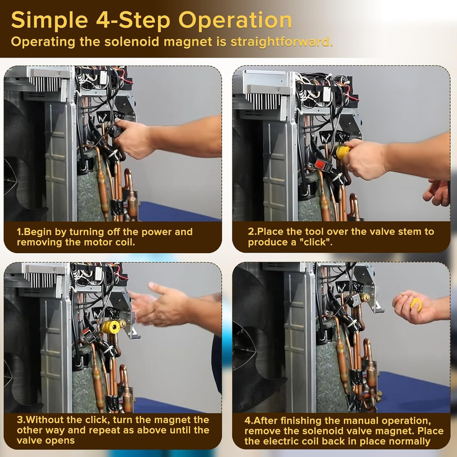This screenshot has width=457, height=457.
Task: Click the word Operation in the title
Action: pyautogui.click(x=235, y=21)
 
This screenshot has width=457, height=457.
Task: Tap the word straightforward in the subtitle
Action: pyautogui.click(x=282, y=42)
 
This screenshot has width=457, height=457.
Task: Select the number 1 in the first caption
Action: pyautogui.click(x=19, y=232)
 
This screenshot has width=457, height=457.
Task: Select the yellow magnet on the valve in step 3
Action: pyautogui.click(x=110, y=326)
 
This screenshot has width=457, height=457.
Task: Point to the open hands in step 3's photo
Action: pyautogui.click(x=160, y=304)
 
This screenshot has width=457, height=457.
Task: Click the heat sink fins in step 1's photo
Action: pyautogui.click(x=47, y=84)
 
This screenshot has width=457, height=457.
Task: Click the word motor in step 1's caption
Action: pyautogui.click(x=99, y=242)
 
